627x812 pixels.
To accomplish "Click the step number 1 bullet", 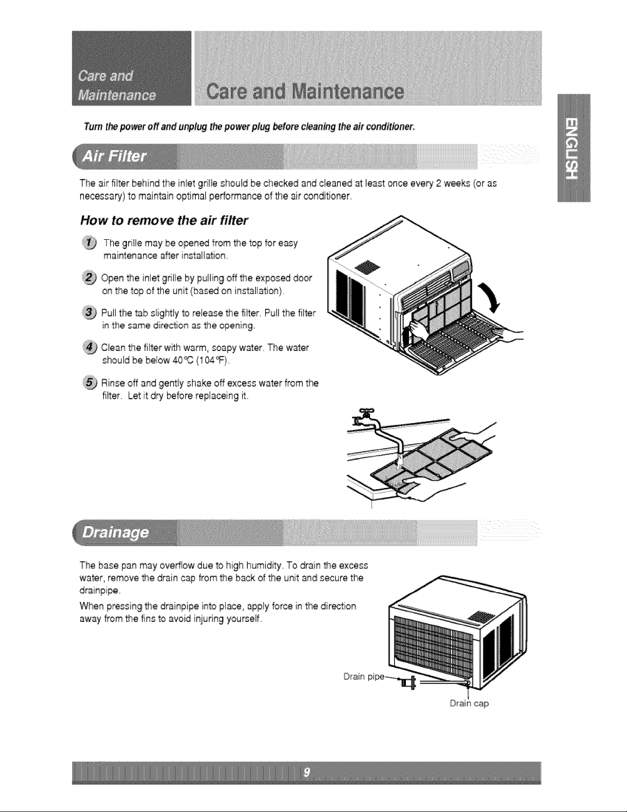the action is [90, 243].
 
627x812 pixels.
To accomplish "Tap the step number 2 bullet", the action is [89, 278].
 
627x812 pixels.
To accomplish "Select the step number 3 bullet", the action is [89, 313].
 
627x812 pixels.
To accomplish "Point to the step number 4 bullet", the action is [90, 347].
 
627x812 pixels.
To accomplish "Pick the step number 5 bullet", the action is [90, 383].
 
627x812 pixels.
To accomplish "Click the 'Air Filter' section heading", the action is [114, 156].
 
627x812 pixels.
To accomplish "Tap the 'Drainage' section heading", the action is [115, 532].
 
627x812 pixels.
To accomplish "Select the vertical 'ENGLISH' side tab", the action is [574, 148].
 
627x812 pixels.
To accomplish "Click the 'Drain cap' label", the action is [469, 703].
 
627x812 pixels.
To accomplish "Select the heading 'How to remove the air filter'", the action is [164, 220].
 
